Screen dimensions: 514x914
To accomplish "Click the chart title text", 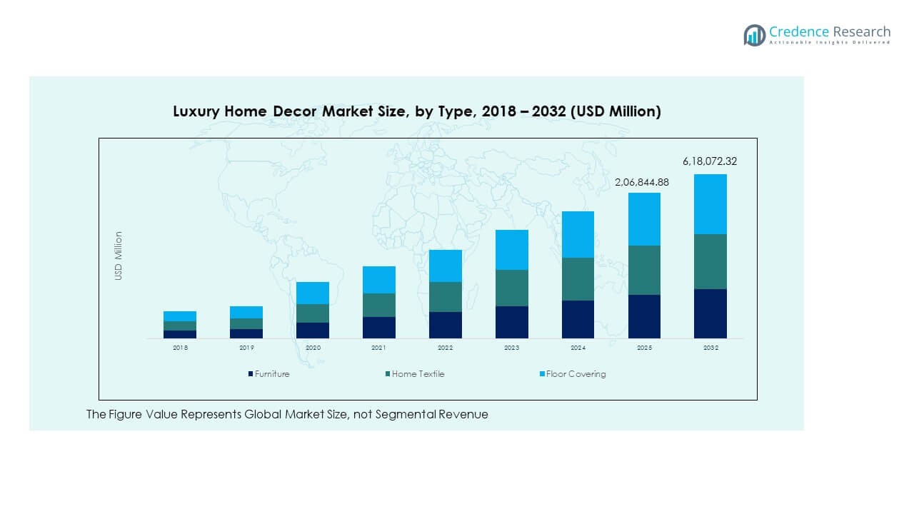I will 417,111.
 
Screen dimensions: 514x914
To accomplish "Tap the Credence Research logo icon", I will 754,35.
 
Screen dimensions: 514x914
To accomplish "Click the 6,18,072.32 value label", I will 710,161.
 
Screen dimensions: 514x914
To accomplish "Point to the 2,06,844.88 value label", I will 642,182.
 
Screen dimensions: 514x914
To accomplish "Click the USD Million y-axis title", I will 119,256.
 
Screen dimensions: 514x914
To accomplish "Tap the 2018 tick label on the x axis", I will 180,348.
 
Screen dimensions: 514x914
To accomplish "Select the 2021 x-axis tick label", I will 378,348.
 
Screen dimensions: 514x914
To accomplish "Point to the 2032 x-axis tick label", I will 710,348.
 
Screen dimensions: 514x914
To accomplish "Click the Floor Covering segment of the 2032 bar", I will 710,204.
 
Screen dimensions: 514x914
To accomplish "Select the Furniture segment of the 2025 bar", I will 644,316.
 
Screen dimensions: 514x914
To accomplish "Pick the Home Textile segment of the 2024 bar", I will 578,279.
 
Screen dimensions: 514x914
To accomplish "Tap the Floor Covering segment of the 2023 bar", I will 511,250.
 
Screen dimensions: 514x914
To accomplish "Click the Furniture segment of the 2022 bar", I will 445,325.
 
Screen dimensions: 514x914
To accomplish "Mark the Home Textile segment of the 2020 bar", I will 313,313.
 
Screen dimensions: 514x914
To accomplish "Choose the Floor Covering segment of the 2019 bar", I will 246,312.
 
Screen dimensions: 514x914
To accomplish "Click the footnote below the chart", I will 287,414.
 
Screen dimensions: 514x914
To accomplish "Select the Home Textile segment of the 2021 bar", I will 378,305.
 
